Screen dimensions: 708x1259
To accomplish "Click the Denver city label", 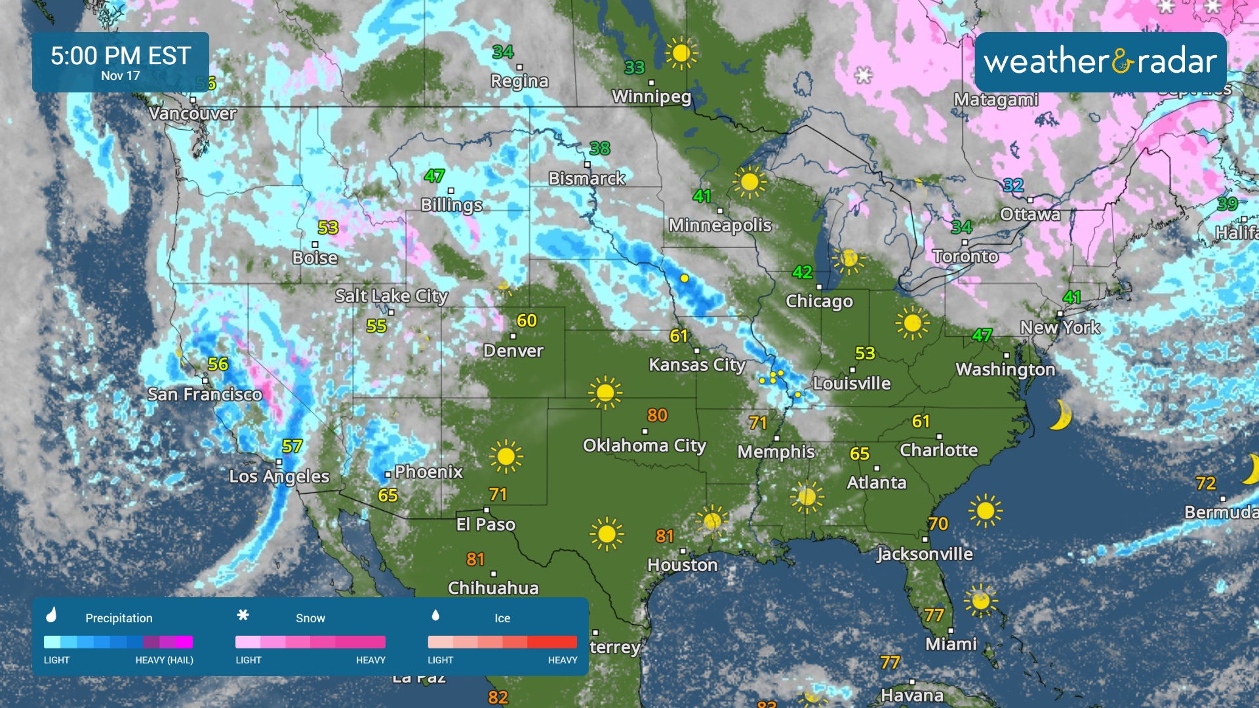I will (x=513, y=351).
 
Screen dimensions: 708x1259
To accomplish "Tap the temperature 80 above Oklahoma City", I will (x=657, y=415).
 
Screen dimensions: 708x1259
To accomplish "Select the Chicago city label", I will (x=819, y=301).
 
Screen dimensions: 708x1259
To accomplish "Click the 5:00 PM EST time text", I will (x=121, y=56).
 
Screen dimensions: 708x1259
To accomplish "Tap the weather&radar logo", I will (x=1100, y=62).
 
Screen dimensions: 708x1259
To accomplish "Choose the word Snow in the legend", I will (x=310, y=618).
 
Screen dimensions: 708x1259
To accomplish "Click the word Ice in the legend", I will (x=502, y=618).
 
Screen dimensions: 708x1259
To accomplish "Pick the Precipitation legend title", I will (x=119, y=618).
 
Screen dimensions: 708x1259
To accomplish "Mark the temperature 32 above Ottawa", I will (x=1013, y=185).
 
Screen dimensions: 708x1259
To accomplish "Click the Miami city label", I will (x=951, y=644).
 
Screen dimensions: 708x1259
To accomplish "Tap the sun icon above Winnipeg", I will (x=681, y=52).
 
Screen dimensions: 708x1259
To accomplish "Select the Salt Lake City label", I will (x=391, y=296).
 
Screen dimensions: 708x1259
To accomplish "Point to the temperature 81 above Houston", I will (x=665, y=536).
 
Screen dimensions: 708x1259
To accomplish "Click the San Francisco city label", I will (x=205, y=394).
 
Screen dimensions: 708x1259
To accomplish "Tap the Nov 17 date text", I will (x=121, y=76).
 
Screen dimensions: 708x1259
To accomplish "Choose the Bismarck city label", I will (x=587, y=178).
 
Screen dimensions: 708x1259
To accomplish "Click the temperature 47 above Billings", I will (x=434, y=176).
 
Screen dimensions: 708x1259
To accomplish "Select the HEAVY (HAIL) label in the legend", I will (x=164, y=660).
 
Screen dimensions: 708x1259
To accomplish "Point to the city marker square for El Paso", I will (x=487, y=510).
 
